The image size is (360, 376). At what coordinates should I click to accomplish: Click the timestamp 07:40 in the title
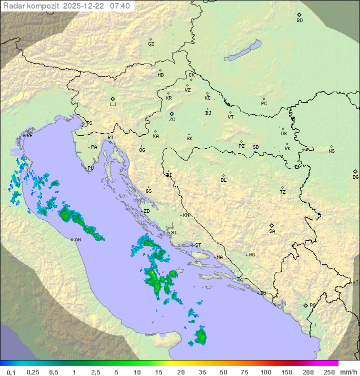[120, 6]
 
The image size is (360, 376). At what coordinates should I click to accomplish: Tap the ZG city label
[172, 120]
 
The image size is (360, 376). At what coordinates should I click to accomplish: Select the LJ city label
[113, 105]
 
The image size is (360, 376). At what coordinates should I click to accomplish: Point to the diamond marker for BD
[299, 15]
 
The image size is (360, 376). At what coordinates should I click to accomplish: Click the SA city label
[272, 231]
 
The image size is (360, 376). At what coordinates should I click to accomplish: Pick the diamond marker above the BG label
[355, 171]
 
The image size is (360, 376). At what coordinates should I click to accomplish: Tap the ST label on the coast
[198, 245]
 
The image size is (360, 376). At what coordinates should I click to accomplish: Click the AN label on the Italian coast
[77, 240]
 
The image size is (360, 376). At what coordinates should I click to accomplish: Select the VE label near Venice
[29, 136]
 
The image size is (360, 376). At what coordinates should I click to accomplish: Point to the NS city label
[331, 151]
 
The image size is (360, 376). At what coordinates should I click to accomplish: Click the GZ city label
[151, 44]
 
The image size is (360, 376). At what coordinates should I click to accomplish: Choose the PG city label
[312, 305]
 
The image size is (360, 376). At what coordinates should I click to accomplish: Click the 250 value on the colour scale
[328, 372]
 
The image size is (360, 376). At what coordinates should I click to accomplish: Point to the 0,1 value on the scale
[11, 372]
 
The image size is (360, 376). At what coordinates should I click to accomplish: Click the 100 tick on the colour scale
[265, 372]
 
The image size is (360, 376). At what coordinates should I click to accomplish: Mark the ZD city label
[147, 211]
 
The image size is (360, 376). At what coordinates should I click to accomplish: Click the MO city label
[251, 255]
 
